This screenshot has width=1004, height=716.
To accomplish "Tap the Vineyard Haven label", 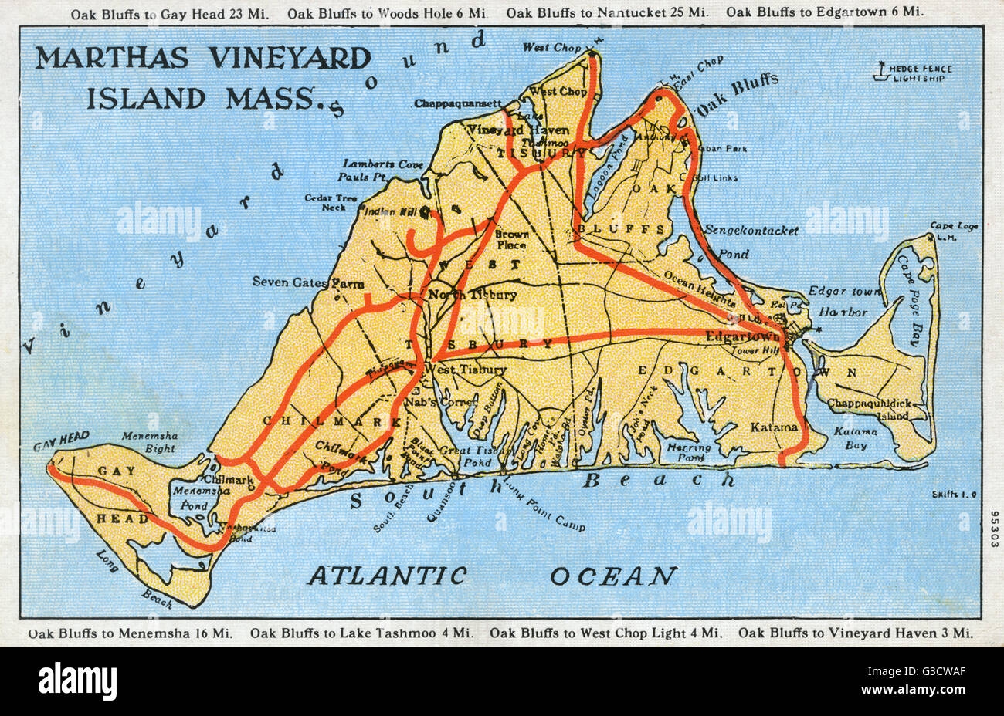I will (507, 130).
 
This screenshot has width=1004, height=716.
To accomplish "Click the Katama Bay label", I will (855, 438).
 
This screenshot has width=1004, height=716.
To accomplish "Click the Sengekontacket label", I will (751, 231).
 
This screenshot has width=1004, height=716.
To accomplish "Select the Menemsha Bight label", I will (149, 441).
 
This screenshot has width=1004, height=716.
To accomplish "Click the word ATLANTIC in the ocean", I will (388, 576).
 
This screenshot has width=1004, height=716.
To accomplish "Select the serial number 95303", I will (992, 528).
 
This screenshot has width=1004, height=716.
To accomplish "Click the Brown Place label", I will (511, 239).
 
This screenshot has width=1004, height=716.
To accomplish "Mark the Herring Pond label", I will (689, 452).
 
